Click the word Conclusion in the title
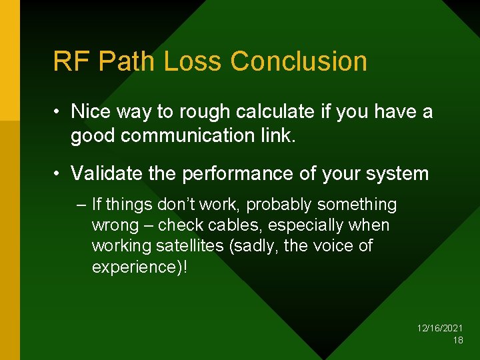coord(299,61)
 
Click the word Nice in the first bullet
coord(90,111)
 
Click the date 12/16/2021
coord(440,329)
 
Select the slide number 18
coord(458,340)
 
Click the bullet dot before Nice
coord(58,112)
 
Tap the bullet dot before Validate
coord(58,175)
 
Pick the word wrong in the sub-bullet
coord(114,225)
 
